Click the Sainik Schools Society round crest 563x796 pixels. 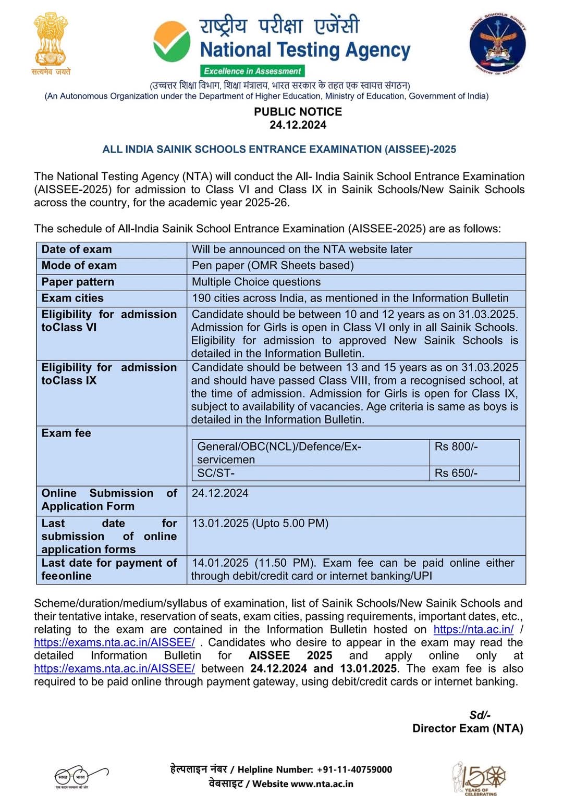click(x=497, y=44)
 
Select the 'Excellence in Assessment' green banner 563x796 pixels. click(x=252, y=71)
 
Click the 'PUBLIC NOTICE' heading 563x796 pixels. click(x=298, y=111)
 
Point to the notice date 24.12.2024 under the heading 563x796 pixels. click(x=298, y=125)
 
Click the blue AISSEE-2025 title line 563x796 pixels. click(x=279, y=150)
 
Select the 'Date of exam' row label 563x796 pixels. click(x=77, y=250)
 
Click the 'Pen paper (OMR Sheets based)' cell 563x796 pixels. click(x=273, y=266)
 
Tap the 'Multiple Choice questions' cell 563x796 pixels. click(x=256, y=282)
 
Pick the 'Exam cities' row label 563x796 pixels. click(x=72, y=298)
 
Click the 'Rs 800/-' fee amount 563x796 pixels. click(x=456, y=446)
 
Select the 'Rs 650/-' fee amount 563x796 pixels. click(x=456, y=473)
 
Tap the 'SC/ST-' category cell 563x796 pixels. click(x=216, y=473)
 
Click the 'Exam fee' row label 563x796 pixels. click(x=66, y=433)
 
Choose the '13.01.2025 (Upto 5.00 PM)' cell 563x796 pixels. click(x=260, y=523)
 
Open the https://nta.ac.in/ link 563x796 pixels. click(x=473, y=629)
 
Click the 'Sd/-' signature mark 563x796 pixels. click(x=480, y=715)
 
